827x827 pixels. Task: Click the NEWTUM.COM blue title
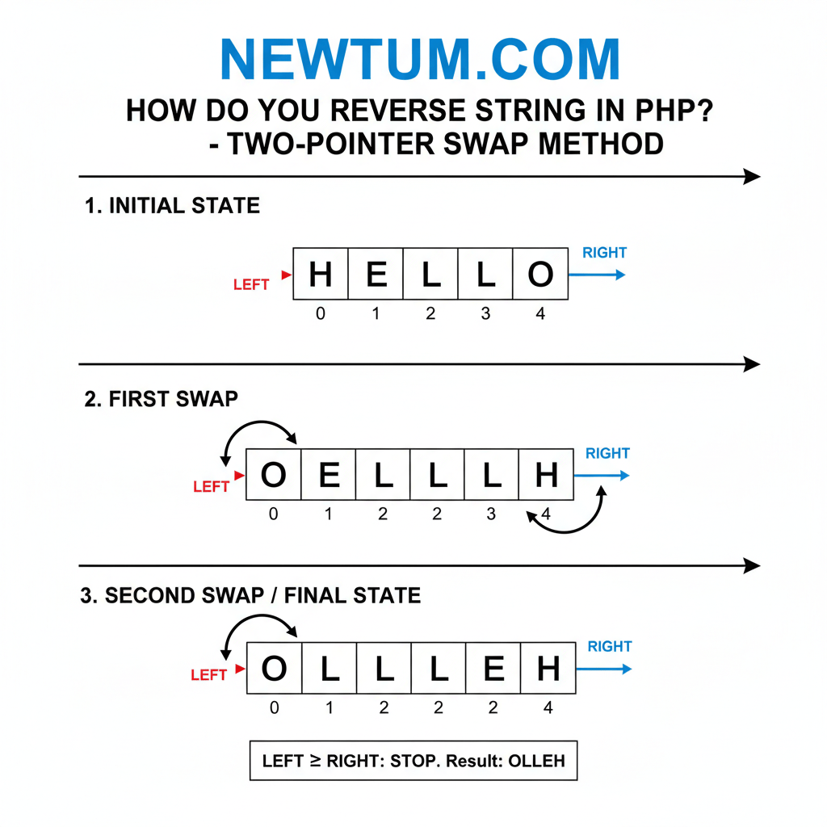tap(420, 60)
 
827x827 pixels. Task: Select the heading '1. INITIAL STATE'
tap(173, 205)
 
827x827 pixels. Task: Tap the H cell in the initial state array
tap(321, 274)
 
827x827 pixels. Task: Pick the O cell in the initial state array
tap(540, 274)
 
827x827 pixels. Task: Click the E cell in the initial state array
tap(376, 274)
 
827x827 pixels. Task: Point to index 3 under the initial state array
tap(485, 313)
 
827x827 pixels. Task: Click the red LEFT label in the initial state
tap(251, 285)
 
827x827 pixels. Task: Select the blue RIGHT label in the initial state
tap(604, 253)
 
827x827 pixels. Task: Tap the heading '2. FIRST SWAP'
tap(162, 399)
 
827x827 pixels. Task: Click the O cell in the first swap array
tap(274, 475)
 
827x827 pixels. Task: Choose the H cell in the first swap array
tap(547, 475)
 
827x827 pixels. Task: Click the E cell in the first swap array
tap(329, 475)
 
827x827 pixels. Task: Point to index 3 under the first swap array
tap(491, 514)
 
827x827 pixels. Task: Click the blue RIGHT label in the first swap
tap(607, 453)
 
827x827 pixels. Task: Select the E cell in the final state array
tap(493, 668)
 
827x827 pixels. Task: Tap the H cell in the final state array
tap(548, 668)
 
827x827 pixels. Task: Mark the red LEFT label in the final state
tap(209, 675)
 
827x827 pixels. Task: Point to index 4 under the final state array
tap(548, 707)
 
